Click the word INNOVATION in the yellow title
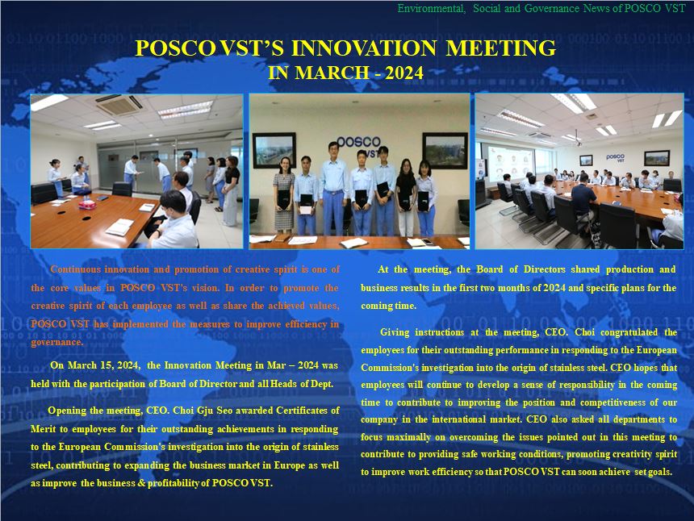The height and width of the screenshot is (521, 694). point(364,48)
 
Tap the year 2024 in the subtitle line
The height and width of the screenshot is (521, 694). point(404,73)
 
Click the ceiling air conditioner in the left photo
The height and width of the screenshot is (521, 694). point(119,104)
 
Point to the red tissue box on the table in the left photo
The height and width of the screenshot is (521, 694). point(87,204)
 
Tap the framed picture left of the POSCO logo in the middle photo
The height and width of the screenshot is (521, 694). point(274,150)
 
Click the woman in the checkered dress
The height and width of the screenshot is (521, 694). point(284,195)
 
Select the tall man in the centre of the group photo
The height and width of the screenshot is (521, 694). point(333,188)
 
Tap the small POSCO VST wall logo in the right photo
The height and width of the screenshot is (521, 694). point(615,158)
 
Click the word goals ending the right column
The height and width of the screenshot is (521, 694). point(660,472)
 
